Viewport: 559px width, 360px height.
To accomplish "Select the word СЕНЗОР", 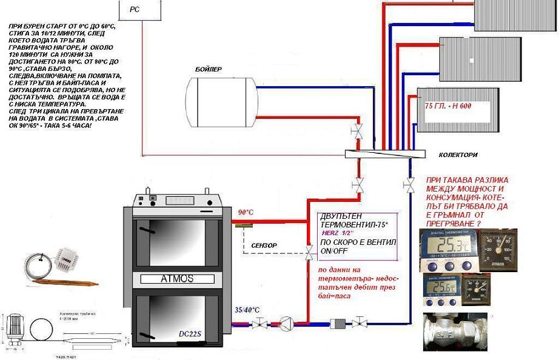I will tap(264, 245).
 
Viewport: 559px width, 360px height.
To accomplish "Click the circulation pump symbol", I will tap(286, 323).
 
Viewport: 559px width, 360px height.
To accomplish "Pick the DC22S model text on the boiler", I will tap(190, 333).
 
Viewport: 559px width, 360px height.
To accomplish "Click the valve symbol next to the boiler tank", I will tap(358, 130).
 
